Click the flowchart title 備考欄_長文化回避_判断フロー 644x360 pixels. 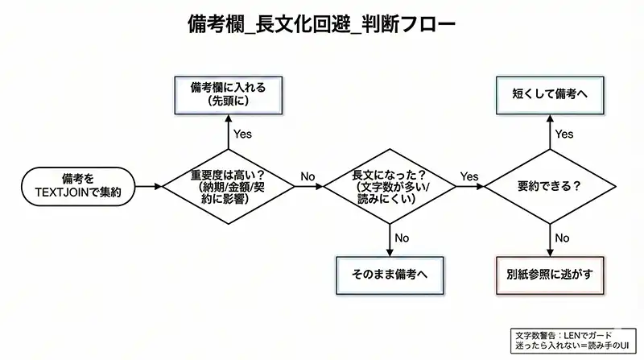click(321, 24)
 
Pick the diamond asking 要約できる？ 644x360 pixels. click(551, 184)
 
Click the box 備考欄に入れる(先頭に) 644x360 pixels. click(229, 93)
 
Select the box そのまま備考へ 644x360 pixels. click(390, 274)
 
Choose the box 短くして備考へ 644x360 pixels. click(551, 93)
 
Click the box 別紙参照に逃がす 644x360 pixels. click(551, 274)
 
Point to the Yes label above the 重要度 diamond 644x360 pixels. click(242, 134)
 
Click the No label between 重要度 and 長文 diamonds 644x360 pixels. click(308, 176)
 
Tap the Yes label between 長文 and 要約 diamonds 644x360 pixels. click(469, 176)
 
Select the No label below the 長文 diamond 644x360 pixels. click(402, 238)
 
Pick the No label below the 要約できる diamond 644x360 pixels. click(563, 238)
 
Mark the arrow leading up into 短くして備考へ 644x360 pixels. click(551, 129)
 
